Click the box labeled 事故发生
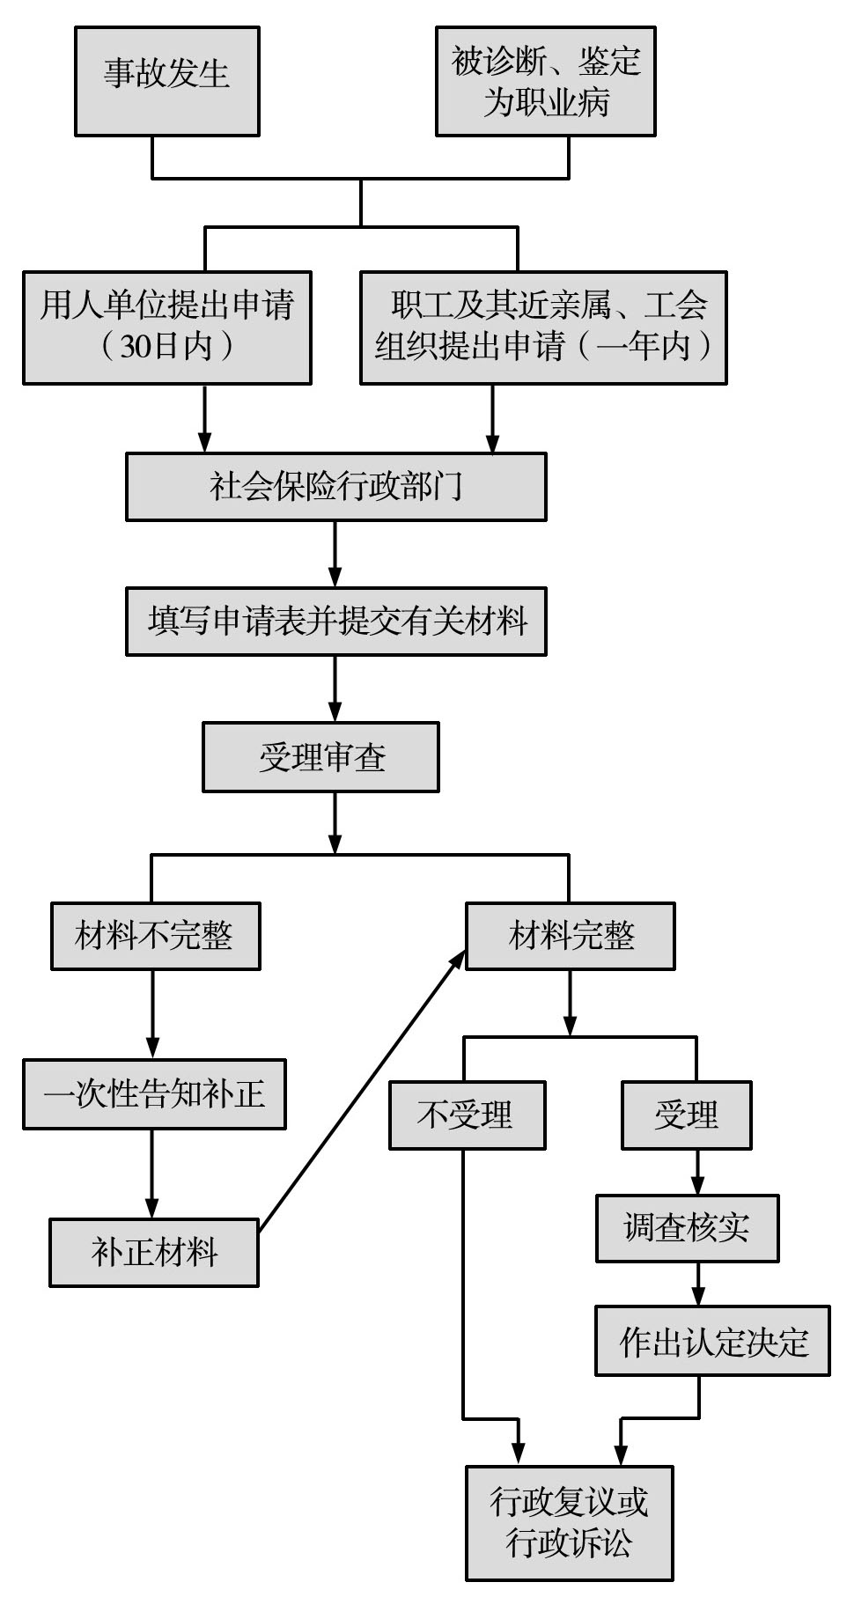166,81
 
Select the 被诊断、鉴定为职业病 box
545,81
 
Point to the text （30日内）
166,346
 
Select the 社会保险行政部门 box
335,486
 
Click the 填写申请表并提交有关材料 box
335,622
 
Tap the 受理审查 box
320,757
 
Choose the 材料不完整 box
155,936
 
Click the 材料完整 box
570,936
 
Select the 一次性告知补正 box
154,1094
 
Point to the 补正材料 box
154,1252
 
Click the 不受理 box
467,1115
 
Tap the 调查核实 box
687,1228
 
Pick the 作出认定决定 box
712,1341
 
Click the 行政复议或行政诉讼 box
569,1522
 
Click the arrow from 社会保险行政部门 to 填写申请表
335,554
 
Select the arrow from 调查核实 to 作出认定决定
698,1284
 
